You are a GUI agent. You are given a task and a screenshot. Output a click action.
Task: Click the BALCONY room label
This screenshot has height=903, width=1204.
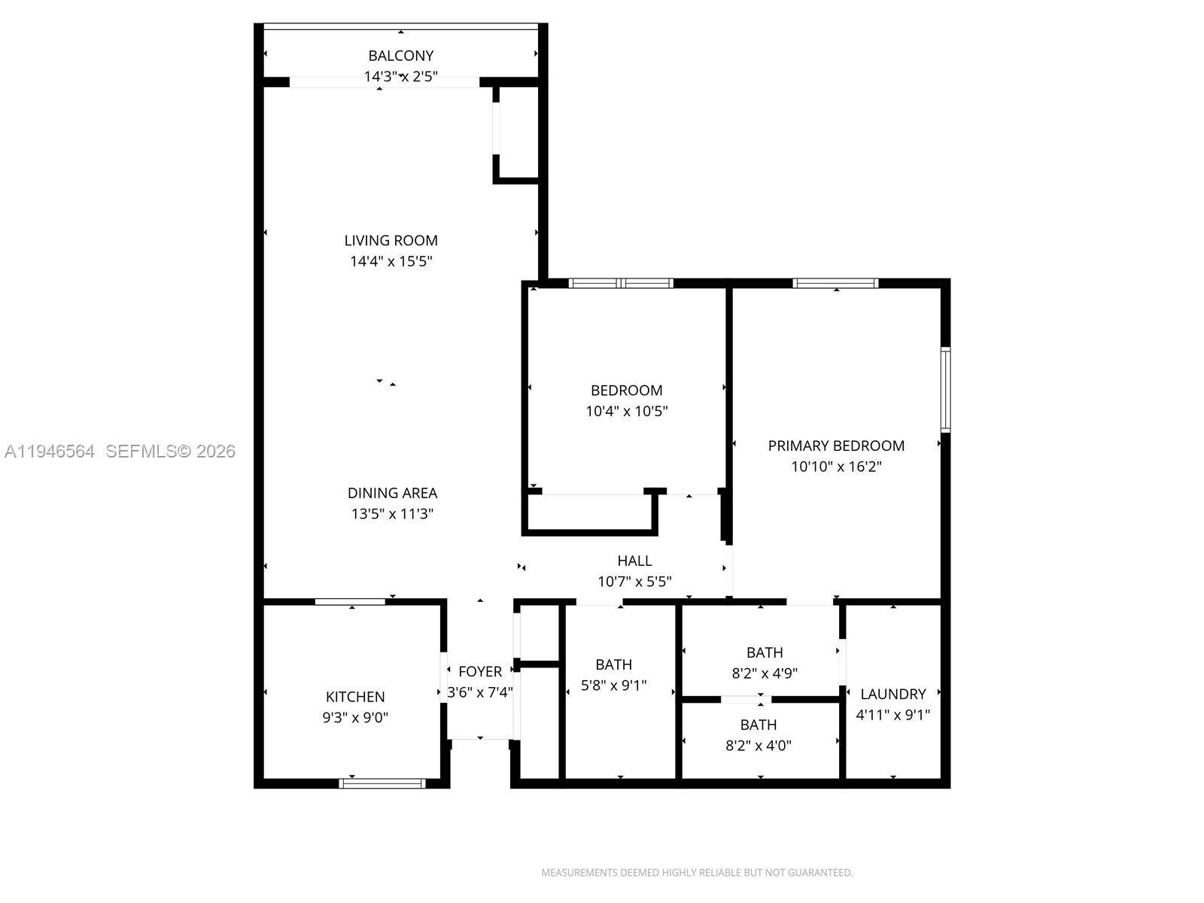[x=400, y=56]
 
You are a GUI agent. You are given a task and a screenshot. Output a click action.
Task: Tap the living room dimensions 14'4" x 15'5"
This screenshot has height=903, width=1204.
[x=391, y=262]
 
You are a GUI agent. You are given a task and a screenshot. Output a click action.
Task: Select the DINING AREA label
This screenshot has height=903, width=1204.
[x=392, y=493]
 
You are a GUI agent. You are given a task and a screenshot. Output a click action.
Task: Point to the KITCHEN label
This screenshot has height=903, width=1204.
[x=355, y=697]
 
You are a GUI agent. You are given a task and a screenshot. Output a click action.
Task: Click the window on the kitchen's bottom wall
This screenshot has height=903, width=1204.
[x=382, y=783]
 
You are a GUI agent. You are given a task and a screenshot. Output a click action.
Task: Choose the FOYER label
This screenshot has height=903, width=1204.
[x=480, y=671]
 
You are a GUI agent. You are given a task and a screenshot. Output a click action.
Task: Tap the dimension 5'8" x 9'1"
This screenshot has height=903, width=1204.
[x=613, y=686]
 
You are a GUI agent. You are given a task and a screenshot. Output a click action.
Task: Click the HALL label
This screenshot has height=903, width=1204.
[x=634, y=561]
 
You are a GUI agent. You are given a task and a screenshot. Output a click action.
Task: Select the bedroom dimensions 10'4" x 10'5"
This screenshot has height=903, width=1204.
[x=626, y=412]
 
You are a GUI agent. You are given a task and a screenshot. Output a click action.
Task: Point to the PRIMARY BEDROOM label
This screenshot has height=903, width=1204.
[x=836, y=445]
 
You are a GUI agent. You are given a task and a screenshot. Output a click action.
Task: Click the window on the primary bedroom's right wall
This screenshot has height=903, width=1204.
[x=946, y=389]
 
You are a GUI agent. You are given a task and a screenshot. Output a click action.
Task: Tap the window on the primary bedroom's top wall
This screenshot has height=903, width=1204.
[x=835, y=284]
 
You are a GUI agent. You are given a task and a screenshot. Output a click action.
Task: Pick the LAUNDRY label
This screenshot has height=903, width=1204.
[x=892, y=694]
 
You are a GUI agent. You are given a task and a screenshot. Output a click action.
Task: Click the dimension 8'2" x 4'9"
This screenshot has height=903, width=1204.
[x=765, y=673]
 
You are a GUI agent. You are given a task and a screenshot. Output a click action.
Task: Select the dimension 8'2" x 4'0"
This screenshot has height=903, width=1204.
[x=758, y=746]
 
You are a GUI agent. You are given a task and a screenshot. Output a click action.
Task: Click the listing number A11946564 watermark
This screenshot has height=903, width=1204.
[x=50, y=451]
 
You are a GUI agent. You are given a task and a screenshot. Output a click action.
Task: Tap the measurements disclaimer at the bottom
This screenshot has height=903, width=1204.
[x=697, y=873]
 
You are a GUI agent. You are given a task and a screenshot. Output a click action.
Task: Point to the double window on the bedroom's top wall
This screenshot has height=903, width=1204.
[x=621, y=284]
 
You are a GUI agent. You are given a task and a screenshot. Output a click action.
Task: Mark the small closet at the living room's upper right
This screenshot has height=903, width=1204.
[x=518, y=132]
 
